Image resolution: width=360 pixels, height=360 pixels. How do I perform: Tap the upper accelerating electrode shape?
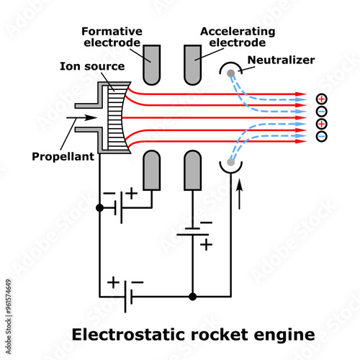192,63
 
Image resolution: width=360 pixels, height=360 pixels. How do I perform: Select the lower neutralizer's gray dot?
230,162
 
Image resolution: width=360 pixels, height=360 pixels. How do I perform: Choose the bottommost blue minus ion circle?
321,136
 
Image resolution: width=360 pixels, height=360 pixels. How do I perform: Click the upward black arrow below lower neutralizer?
240,192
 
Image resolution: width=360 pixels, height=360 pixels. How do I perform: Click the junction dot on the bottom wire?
192,296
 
